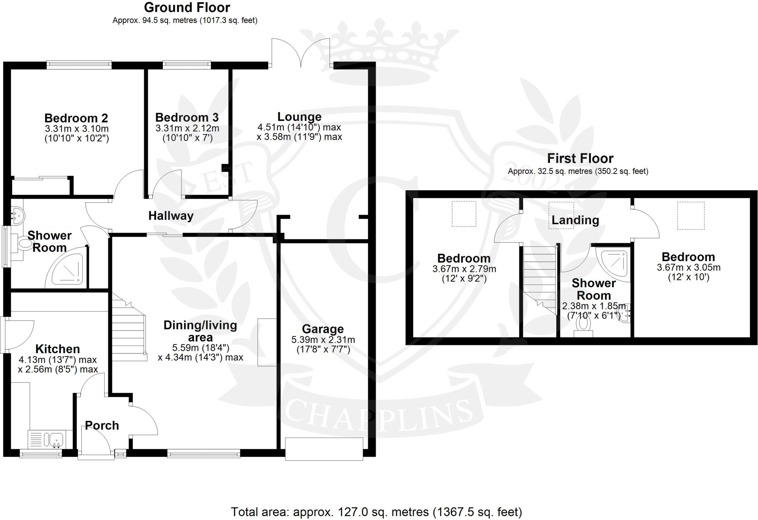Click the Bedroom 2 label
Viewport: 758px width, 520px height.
[x=76, y=118]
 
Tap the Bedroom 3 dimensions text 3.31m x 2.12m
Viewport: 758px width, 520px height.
[x=187, y=128]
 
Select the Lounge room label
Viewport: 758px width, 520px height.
[x=299, y=117]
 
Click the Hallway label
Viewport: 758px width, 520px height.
[x=171, y=216]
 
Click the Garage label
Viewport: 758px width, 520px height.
[x=323, y=329]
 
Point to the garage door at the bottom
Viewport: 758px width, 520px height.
[x=324, y=449]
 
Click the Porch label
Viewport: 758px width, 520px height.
[x=102, y=425]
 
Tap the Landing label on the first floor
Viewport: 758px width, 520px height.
[x=575, y=220]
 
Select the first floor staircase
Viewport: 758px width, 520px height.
[x=540, y=278]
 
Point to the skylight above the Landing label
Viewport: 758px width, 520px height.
[x=561, y=210]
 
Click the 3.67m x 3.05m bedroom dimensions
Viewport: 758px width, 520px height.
[x=688, y=267]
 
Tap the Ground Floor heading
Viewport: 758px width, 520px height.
[x=187, y=7]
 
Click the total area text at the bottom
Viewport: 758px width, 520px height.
[x=376, y=512]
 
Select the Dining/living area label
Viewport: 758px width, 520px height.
[x=200, y=331]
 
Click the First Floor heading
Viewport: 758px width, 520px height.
[x=580, y=158]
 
